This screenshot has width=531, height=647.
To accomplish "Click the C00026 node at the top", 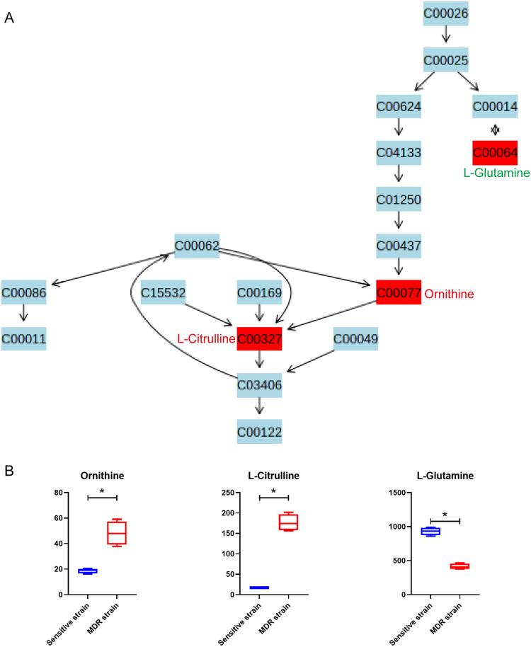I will click(446, 13).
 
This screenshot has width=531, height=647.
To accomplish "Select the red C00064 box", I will click(495, 153).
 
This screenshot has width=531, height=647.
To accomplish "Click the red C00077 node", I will click(399, 292).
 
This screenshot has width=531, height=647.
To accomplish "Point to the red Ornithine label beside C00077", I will click(448, 293).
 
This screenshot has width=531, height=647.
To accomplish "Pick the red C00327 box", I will click(259, 340).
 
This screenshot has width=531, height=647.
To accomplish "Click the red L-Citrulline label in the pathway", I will click(206, 340).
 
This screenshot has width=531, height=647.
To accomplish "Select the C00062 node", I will click(197, 246).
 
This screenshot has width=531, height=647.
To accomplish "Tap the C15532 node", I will click(164, 292).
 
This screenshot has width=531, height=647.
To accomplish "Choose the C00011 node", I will click(24, 340).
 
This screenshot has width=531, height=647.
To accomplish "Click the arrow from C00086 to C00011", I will click(24, 316).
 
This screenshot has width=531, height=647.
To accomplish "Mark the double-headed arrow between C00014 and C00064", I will click(495, 130).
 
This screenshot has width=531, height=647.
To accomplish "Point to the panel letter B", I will click(8, 470).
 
